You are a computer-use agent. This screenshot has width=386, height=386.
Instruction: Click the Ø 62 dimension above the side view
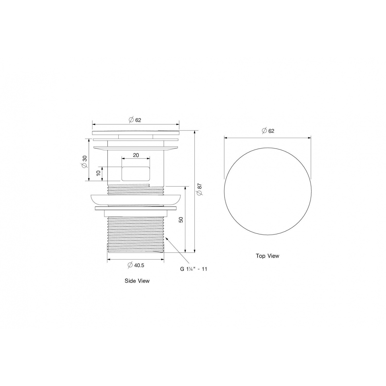[x=135, y=120]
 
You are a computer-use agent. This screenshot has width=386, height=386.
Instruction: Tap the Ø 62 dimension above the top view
[x=268, y=131]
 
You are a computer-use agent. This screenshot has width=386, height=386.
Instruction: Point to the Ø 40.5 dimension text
[x=136, y=265]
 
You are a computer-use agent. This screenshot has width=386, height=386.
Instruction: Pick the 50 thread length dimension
[x=181, y=220]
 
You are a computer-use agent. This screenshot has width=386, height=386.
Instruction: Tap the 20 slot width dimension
[x=136, y=155]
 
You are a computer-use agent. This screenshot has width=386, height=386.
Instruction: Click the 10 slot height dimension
[x=98, y=173]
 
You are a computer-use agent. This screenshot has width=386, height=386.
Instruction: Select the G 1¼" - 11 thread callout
[x=194, y=269]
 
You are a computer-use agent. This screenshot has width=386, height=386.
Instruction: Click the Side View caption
[x=137, y=281]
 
